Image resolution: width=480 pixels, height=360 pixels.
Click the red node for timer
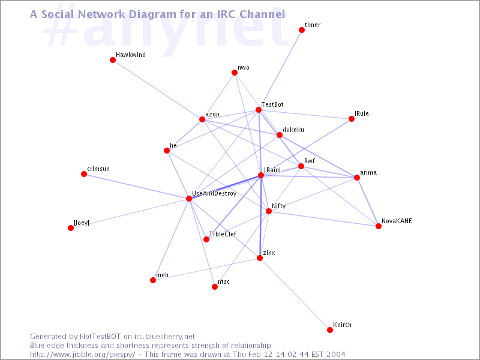pos(302,30)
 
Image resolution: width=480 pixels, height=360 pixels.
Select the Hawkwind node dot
pos(113,60)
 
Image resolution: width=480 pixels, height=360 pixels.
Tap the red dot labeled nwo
pos(235,73)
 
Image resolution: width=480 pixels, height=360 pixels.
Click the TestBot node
pos(259,110)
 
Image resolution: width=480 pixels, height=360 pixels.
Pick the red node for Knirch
pos(329,330)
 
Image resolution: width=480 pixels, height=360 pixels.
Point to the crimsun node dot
pos(84,174)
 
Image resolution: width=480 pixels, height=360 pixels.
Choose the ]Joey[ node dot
pos(71,228)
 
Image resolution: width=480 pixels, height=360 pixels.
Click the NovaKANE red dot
pos(379,226)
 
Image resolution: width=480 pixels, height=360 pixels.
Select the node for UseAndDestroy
pos(189,199)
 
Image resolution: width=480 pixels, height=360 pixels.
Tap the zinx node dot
pos(260,258)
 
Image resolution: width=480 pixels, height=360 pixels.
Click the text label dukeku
pos(293,130)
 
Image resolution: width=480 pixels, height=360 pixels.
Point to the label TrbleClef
pos(223,234)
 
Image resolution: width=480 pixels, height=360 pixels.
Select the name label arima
pos(368,172)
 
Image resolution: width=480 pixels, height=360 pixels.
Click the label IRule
pos(362,113)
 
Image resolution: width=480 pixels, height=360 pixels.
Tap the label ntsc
pos(224,281)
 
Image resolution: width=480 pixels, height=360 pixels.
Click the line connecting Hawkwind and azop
pos(157,89)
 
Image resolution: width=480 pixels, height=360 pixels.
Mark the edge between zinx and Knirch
pos(295,294)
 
